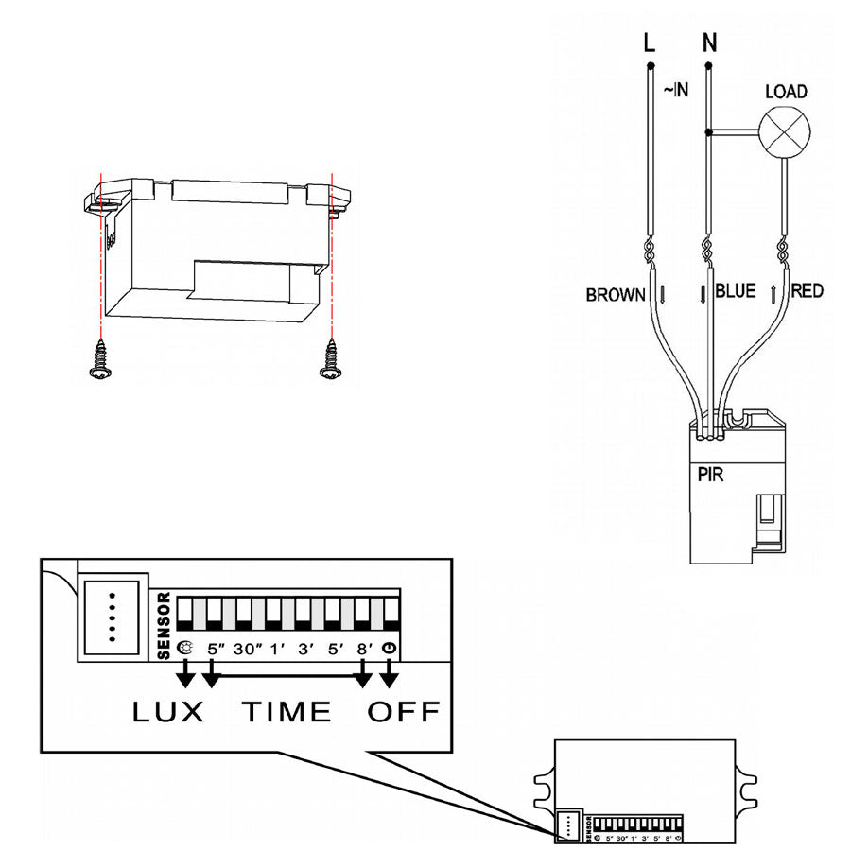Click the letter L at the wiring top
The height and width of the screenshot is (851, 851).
click(649, 43)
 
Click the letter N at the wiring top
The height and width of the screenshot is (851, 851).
click(709, 43)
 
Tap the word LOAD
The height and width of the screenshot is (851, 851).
click(786, 92)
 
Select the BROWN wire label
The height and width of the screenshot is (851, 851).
click(616, 294)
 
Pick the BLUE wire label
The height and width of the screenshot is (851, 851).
click(736, 291)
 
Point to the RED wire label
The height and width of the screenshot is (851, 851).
click(807, 291)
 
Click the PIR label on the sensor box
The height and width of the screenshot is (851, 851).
click(709, 475)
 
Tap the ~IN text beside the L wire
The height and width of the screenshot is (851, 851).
click(674, 90)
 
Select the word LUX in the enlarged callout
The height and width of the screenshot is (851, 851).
click(168, 711)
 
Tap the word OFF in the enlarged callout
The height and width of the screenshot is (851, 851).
click(404, 711)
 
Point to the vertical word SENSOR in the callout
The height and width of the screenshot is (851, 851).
click(163, 625)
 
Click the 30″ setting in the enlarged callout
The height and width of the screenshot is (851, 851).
click(248, 650)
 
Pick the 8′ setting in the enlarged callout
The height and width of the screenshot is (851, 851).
click(363, 650)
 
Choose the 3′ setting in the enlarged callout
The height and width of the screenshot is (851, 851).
click(305, 650)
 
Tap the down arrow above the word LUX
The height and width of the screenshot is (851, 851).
click(185, 672)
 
